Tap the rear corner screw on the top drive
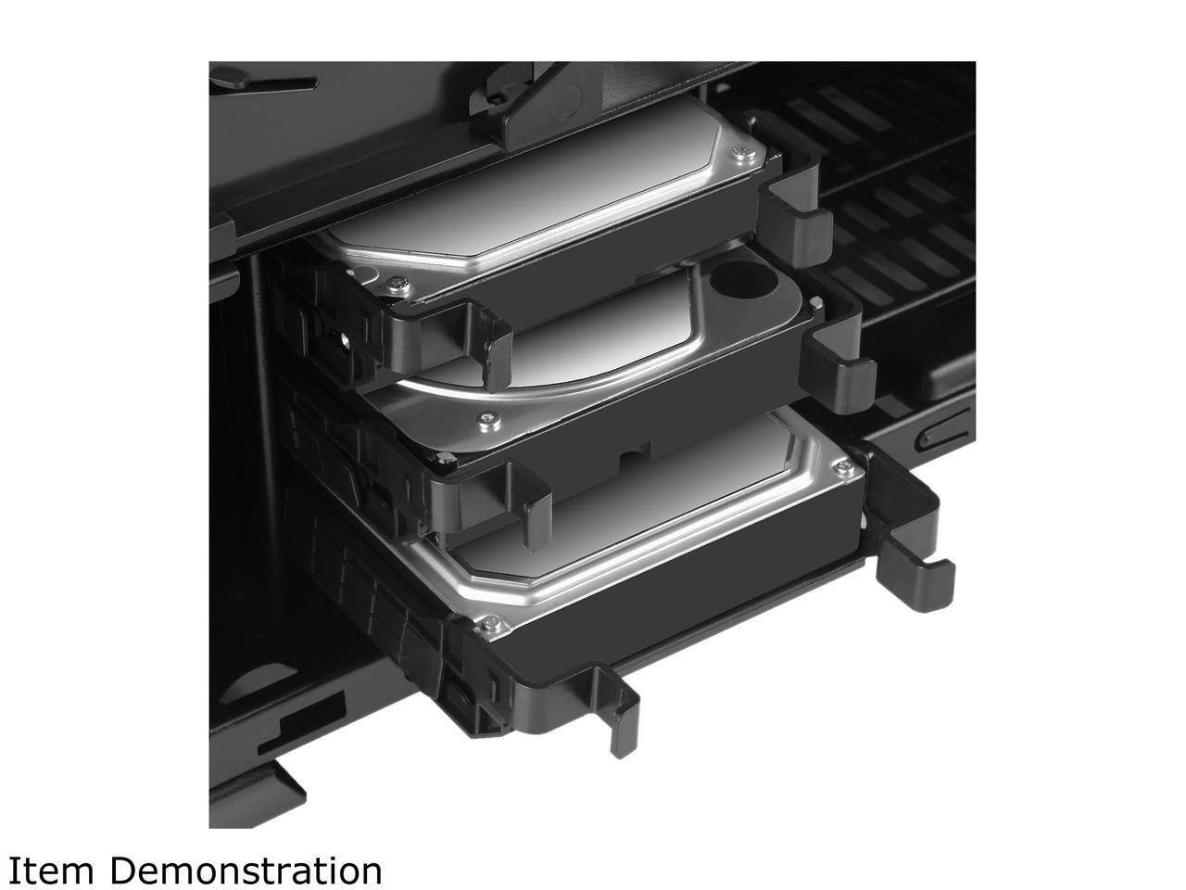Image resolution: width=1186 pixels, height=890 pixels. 743,154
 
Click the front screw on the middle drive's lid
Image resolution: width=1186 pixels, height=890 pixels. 488,419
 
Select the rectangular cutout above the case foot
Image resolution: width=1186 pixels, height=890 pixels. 301,723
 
